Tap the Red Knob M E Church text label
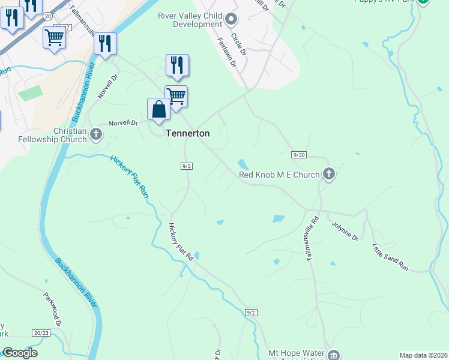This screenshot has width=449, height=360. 279,175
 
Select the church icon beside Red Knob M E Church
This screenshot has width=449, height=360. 328,174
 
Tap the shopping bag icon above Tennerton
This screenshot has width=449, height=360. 158,110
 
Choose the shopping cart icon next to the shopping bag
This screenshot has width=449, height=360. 176,97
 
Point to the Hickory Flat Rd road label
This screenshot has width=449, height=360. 180,241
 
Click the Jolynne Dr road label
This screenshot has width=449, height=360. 345,231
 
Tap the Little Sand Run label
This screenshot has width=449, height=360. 390,257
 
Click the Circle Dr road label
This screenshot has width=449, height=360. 238,44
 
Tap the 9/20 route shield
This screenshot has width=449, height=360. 300,155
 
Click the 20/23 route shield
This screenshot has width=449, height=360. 41,332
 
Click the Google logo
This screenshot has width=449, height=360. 20,353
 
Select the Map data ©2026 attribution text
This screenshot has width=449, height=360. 423,355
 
